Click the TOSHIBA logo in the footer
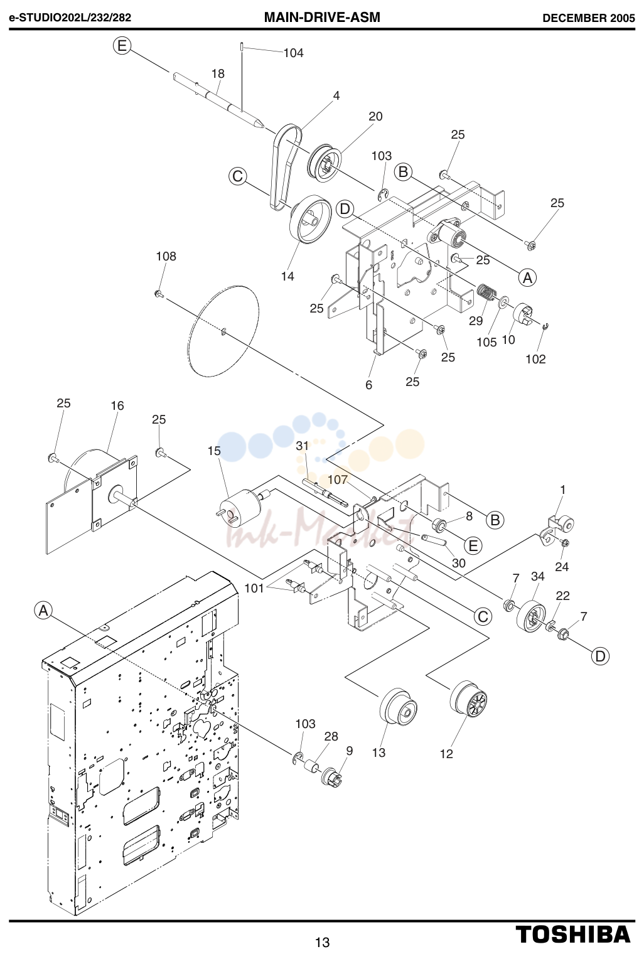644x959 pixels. (x=573, y=934)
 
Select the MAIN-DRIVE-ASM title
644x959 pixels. (x=322, y=17)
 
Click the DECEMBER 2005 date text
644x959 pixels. (x=589, y=18)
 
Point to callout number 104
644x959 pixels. (x=293, y=53)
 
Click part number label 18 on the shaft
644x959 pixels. (x=218, y=73)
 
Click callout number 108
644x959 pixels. (x=166, y=256)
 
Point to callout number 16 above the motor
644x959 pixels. (x=117, y=405)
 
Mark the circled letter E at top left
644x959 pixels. (x=122, y=45)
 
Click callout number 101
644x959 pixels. (x=254, y=588)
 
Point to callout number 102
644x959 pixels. (x=535, y=359)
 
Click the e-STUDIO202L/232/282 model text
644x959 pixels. (x=70, y=18)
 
